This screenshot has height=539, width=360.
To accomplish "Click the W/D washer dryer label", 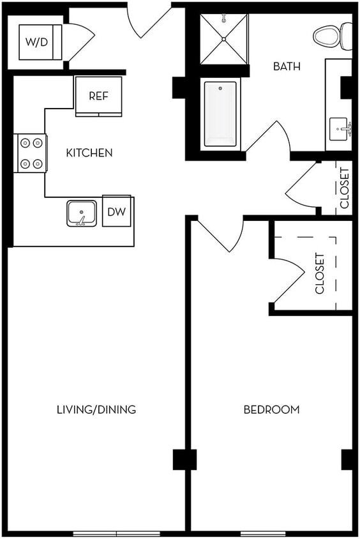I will (40, 42).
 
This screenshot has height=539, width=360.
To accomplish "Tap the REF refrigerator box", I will (98, 96).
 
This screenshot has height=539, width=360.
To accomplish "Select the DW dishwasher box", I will (116, 212).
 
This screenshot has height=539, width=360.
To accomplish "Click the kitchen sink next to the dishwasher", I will (82, 213).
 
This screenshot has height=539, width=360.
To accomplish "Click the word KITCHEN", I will (89, 153).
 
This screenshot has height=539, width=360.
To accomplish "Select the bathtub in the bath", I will (220, 114).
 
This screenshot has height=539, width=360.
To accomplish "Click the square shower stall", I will (223, 39).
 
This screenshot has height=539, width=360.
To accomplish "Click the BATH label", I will (287, 66).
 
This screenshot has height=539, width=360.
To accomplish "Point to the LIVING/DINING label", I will (96, 409).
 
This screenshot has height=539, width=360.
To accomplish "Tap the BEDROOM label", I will (271, 409).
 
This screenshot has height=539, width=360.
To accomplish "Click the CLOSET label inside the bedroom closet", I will (320, 273).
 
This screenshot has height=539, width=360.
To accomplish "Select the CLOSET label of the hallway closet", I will (345, 188).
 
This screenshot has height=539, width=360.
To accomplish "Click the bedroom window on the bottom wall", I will (262, 533).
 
